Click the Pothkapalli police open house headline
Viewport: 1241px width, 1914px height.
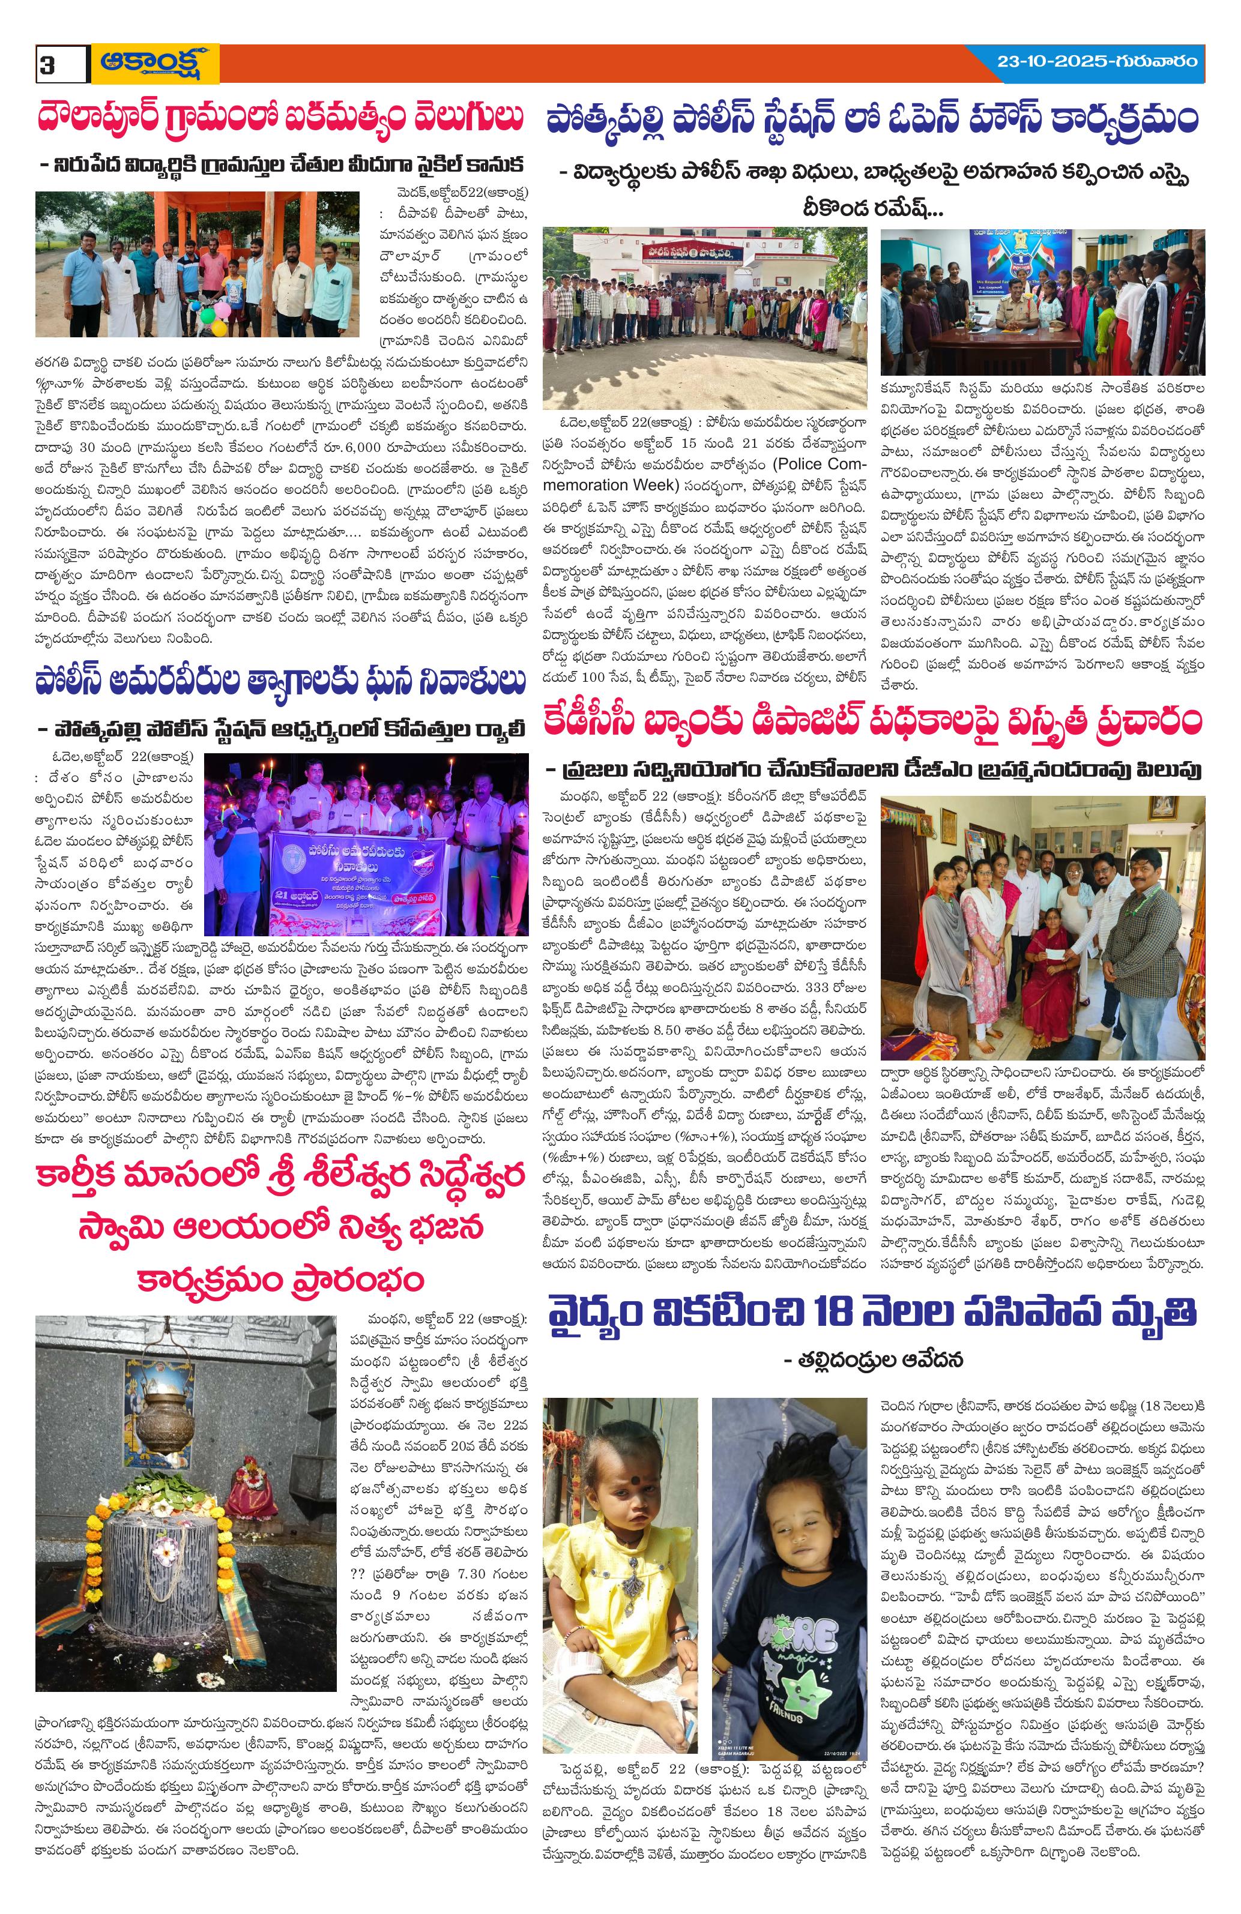click(872, 120)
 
